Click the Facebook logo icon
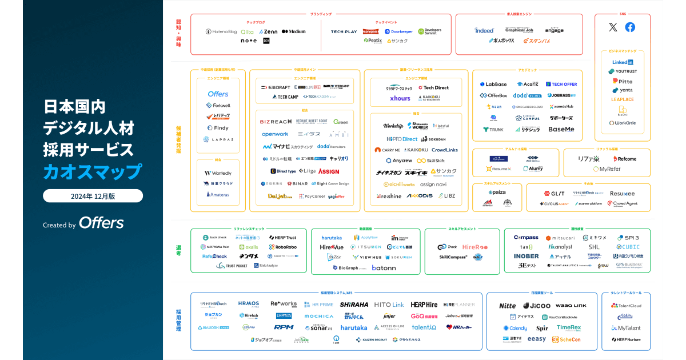pos(630,27)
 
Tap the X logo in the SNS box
pos(613,27)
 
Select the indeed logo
pos(484,30)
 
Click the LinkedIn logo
pos(623,62)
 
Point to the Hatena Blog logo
pos(221,31)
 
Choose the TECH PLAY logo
pos(344,31)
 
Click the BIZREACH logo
pos(276,122)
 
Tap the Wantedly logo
pos(217,173)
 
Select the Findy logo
pos(217,128)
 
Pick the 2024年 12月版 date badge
pos(93,196)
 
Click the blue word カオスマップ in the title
pos(93,171)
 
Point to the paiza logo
pos(496,192)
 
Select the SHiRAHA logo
pos(354,305)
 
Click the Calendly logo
pos(515,328)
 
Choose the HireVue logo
pos(332,247)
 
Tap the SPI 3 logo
pos(628,238)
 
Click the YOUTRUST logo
pos(623,71)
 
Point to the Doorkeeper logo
pos(398,31)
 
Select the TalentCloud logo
pos(626,306)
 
